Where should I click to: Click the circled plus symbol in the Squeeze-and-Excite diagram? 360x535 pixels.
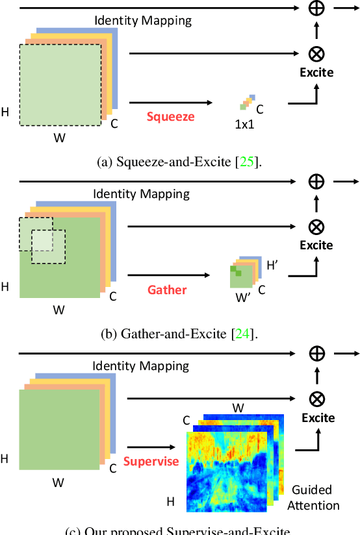[x=316, y=9]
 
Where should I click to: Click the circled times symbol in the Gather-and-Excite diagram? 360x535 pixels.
[x=316, y=227]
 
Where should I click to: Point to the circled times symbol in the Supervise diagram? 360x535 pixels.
[x=316, y=399]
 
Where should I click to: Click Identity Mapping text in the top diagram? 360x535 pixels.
[x=143, y=20]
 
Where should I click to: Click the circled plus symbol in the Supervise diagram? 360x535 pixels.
[x=316, y=353]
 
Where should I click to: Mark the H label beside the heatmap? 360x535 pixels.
[x=172, y=501]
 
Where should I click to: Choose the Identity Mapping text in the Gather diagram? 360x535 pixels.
[x=141, y=193]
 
